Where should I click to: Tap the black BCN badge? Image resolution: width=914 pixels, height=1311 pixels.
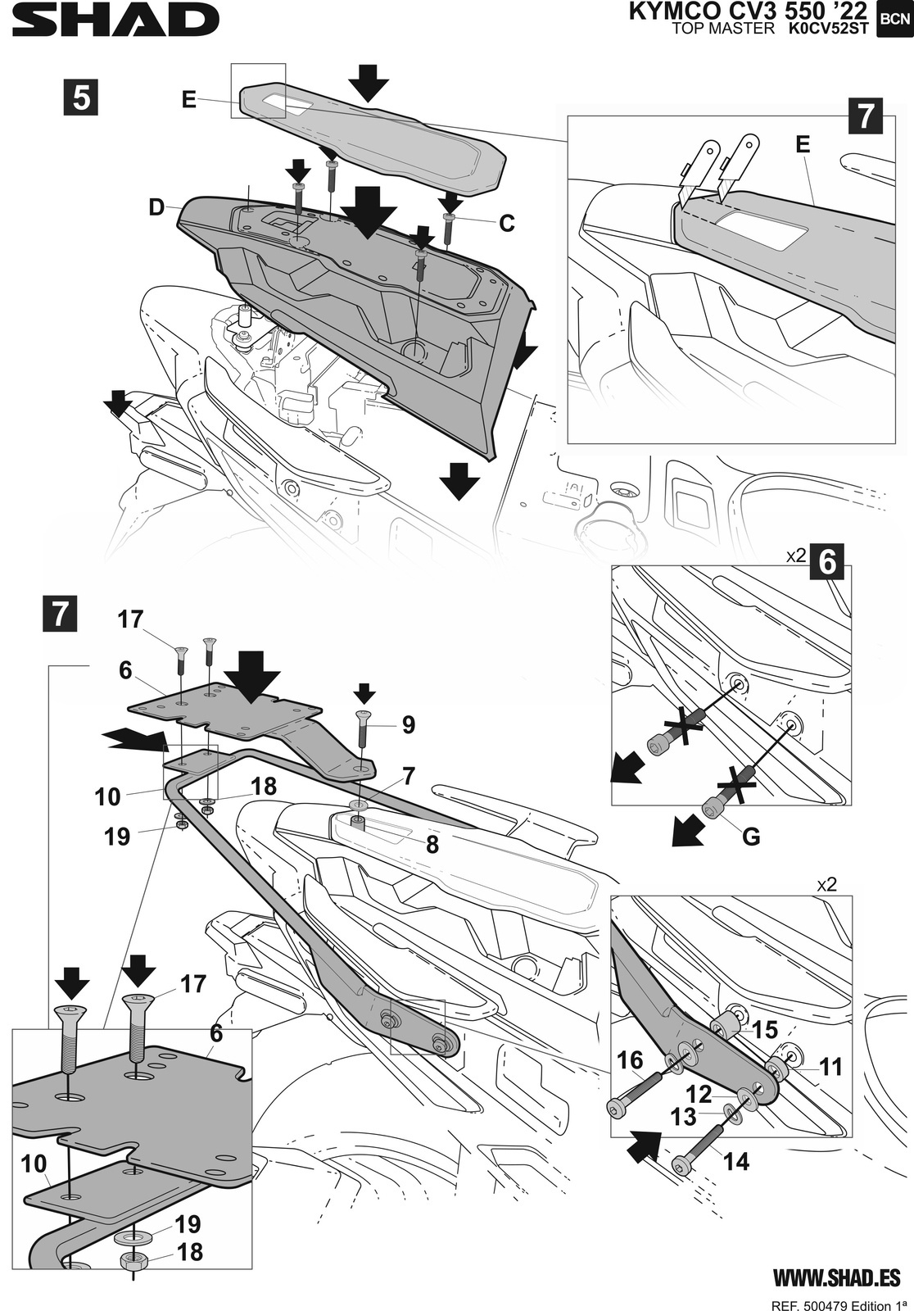894,20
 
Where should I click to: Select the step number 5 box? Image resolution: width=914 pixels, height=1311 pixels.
81,98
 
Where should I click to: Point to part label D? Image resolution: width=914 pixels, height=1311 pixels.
156,207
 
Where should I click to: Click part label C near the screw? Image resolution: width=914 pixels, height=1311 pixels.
507,223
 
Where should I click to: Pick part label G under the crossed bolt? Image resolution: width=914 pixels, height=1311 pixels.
751,837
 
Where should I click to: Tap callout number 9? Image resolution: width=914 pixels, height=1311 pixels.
409,724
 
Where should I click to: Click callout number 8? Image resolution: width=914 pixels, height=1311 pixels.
432,845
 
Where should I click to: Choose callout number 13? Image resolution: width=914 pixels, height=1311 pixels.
683,1117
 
